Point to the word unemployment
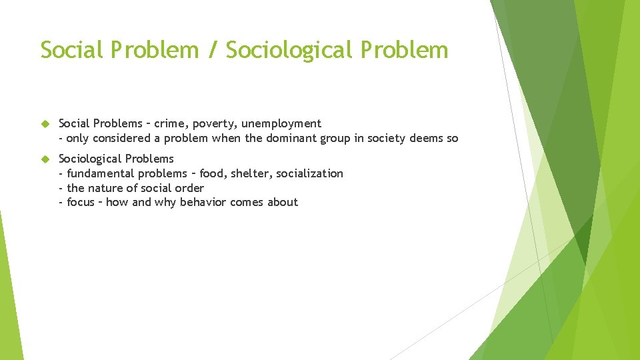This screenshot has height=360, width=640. click(x=281, y=124)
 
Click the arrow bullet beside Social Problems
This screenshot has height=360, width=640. click(x=45, y=124)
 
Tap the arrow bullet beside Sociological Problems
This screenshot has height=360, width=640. click(x=45, y=159)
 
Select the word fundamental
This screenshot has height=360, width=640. click(x=100, y=173)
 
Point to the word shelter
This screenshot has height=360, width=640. click(x=250, y=173)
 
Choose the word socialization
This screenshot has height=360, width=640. click(x=309, y=173)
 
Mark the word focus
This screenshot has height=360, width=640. click(x=81, y=202)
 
